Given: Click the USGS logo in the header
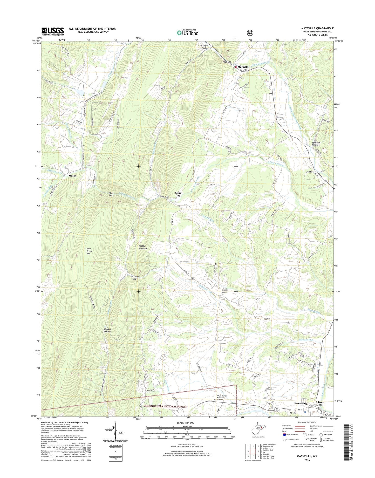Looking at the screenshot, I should point(52,32).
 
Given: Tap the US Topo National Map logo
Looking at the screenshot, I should point(187,32).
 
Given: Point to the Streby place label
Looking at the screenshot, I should point(72,176).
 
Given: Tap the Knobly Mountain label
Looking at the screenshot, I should point(143,247).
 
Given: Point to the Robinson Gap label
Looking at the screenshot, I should point(134,278).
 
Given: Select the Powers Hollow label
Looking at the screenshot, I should point(107,330).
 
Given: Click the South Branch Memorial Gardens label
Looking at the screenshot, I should point(222,398).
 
